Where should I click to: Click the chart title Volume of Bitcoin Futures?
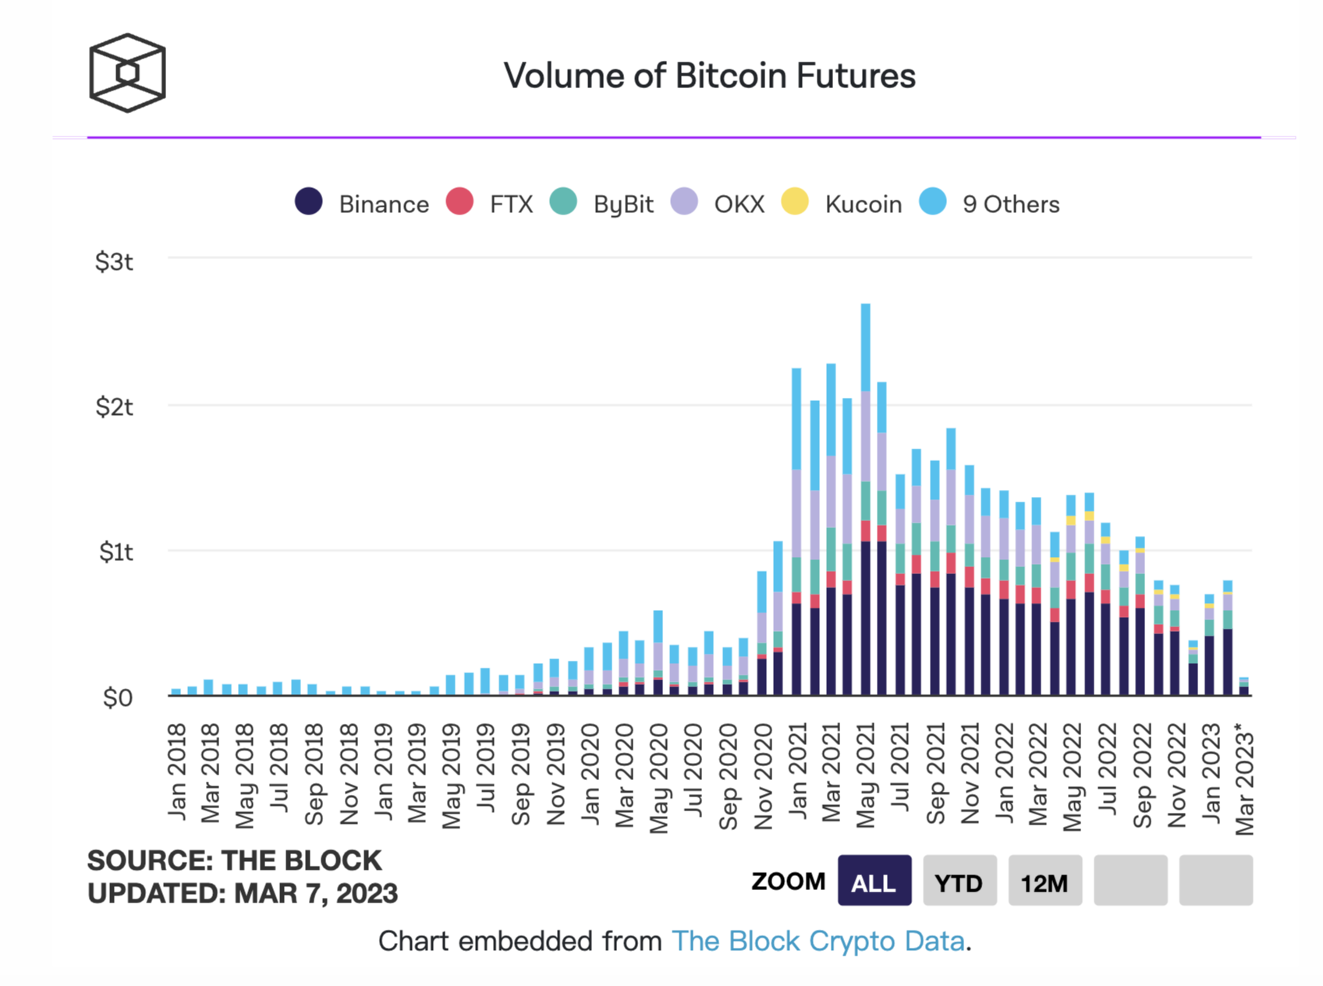pyautogui.click(x=709, y=76)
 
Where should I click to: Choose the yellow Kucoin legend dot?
pyautogui.click(x=795, y=201)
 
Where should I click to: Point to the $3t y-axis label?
pyautogui.click(x=114, y=261)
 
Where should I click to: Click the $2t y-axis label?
pyautogui.click(x=114, y=406)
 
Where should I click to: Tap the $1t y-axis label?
pyautogui.click(x=115, y=552)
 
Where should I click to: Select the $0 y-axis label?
pyautogui.click(x=118, y=697)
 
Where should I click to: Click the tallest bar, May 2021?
pyautogui.click(x=866, y=499)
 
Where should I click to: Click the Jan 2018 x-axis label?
pyautogui.click(x=178, y=772)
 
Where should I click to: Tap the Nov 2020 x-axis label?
pyautogui.click(x=763, y=776)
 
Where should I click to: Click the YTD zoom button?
pyautogui.click(x=959, y=881)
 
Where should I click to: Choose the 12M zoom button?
pyautogui.click(x=1045, y=881)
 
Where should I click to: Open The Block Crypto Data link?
pyautogui.click(x=818, y=942)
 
